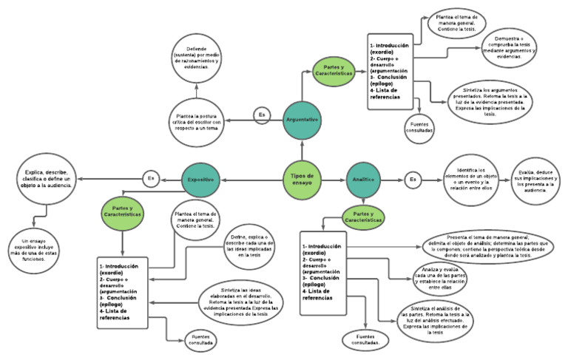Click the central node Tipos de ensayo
(302, 178)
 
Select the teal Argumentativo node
(302, 119)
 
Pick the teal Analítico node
(362, 179)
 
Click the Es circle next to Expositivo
(151, 178)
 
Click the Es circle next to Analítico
(412, 179)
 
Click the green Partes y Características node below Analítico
(362, 216)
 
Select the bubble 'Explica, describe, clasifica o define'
(47, 178)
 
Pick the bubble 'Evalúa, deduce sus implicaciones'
(538, 180)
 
